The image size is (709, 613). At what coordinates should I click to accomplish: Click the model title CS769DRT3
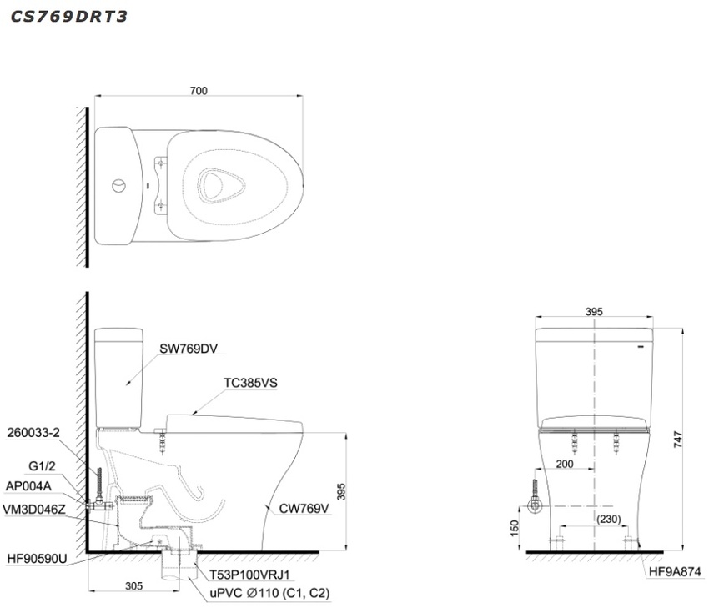pyautogui.click(x=68, y=17)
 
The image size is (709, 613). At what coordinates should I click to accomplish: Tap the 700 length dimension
pyautogui.click(x=199, y=91)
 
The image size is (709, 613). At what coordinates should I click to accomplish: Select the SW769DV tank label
pyautogui.click(x=189, y=349)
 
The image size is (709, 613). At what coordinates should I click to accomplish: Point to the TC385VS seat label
pyautogui.click(x=250, y=383)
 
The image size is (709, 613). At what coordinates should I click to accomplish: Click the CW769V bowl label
pyautogui.click(x=304, y=509)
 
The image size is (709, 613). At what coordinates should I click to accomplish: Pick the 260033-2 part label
pyautogui.click(x=33, y=433)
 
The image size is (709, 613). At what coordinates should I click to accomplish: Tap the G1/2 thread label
pyautogui.click(x=42, y=466)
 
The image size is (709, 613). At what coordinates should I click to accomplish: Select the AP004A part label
pyautogui.click(x=28, y=486)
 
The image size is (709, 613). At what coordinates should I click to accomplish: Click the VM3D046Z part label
pyautogui.click(x=34, y=510)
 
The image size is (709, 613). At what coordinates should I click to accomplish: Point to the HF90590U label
pyautogui.click(x=37, y=559)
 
